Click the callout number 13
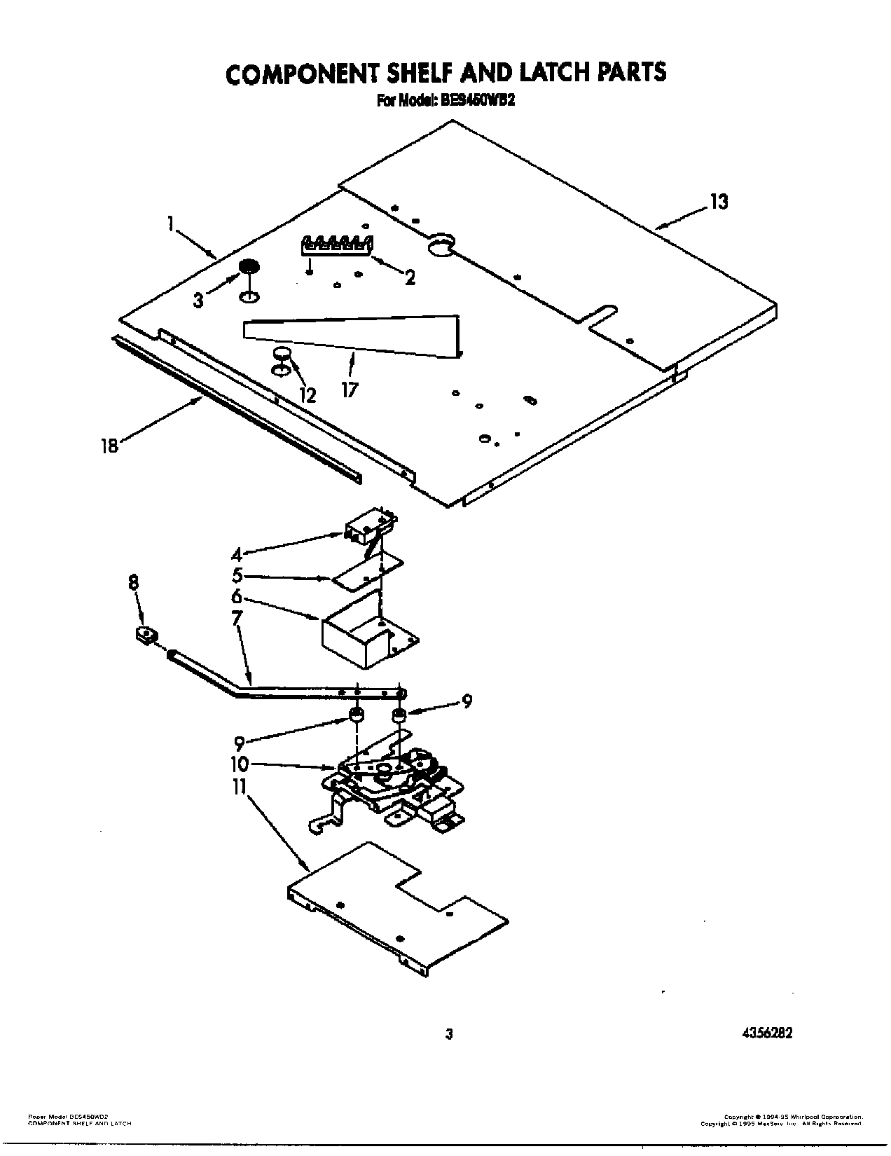719,202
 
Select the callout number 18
109,446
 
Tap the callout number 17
349,390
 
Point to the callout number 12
307,395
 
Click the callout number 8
134,582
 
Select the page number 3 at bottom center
449,1034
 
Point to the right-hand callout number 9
467,701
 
